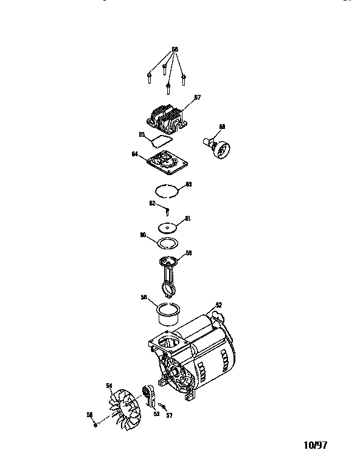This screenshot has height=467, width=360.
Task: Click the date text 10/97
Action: pyautogui.click(x=315, y=445)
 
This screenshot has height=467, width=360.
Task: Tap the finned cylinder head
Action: pyautogui.click(x=167, y=119)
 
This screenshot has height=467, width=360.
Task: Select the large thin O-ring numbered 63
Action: pyautogui.click(x=167, y=190)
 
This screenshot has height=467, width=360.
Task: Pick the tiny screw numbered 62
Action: pyautogui.click(x=167, y=211)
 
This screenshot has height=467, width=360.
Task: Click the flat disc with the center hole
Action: pyautogui.click(x=167, y=227)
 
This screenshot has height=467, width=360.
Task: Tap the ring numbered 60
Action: pyautogui.click(x=167, y=243)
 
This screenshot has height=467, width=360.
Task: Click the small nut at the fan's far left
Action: pyautogui.click(x=95, y=425)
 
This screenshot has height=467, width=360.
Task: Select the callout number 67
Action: pyautogui.click(x=197, y=97)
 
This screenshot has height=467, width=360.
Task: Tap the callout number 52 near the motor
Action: pyautogui.click(x=218, y=305)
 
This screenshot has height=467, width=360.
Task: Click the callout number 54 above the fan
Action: pyautogui.click(x=109, y=385)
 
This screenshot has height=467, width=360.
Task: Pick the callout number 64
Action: pyautogui.click(x=134, y=154)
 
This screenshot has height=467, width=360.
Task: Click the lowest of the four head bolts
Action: pyautogui.click(x=168, y=92)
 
